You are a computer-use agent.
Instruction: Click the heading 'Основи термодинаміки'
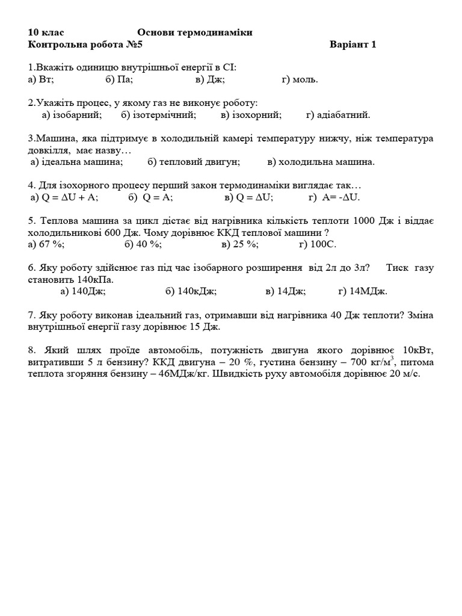point(194,32)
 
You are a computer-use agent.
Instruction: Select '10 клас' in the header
point(46,32)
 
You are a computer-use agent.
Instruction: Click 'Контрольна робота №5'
point(85,44)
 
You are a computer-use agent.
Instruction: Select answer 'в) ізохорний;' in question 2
point(251,114)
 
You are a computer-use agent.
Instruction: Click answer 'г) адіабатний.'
point(338,114)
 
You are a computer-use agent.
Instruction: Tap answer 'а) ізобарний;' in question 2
point(72,114)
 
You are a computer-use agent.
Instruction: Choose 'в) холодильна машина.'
point(321,161)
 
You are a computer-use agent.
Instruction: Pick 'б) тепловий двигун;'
point(194,161)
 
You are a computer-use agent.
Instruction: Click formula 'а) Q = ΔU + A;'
point(64,197)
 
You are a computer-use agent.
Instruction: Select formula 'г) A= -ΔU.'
point(334,197)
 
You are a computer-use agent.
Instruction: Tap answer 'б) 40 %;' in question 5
point(143,244)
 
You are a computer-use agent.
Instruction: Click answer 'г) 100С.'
point(318,244)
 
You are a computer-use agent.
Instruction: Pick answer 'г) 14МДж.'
point(362,291)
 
